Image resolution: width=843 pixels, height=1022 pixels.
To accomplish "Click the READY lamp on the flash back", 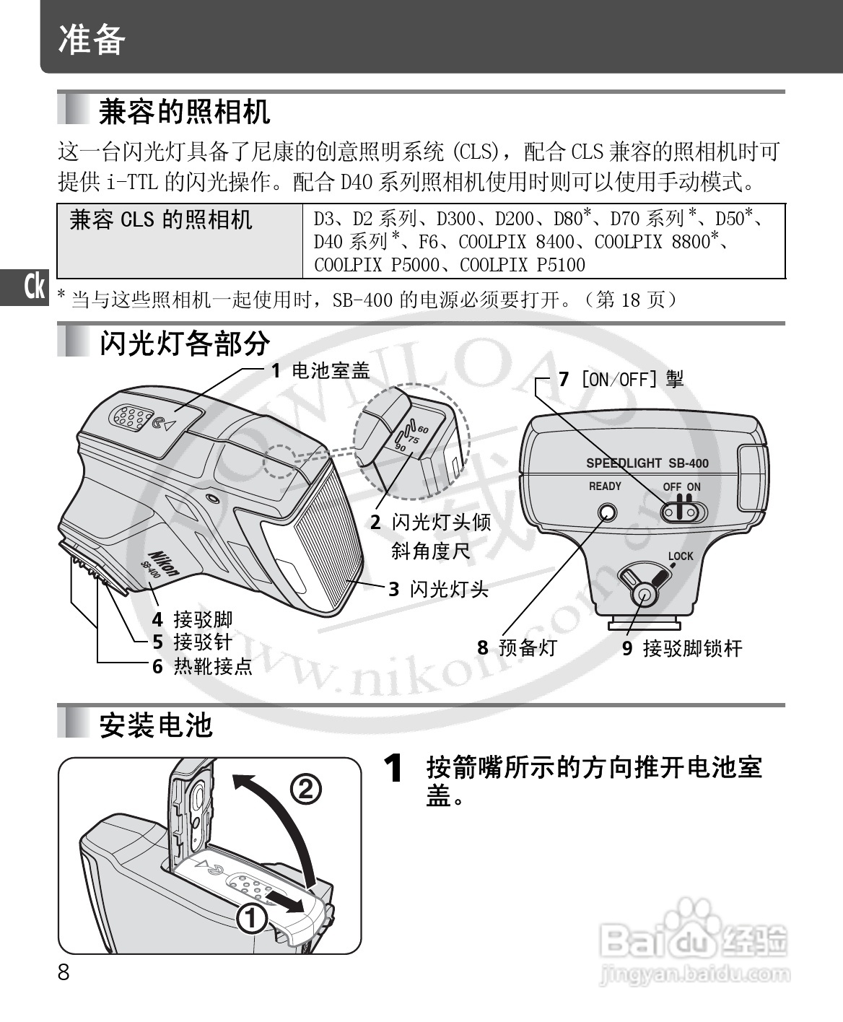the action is point(608,513).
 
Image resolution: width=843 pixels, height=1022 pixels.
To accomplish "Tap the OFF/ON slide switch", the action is point(684,512).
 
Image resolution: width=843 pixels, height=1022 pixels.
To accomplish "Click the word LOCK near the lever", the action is point(681,556).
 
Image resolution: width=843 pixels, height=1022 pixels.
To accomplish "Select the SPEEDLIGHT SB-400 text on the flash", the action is point(647,463).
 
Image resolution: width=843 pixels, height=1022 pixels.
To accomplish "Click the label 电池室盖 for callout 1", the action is point(331,370).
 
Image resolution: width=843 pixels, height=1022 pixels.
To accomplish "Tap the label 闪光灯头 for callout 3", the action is point(450,589).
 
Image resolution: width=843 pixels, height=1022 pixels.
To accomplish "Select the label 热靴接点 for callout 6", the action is point(213,666).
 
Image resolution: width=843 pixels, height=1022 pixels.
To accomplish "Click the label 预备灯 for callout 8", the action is point(528,647).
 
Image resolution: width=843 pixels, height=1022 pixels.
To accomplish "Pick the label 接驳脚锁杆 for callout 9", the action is point(693,648).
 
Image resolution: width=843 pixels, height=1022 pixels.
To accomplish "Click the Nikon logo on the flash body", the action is point(164,564).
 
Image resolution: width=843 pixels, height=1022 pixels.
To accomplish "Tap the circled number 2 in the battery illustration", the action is point(306,789).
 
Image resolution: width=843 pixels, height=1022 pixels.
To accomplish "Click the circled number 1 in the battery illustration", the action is point(251,918).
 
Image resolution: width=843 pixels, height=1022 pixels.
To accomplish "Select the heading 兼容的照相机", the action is point(184,112).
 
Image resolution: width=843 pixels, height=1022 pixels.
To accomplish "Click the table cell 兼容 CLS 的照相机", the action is point(160,219).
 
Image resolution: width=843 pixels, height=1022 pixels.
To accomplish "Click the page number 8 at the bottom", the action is point(64,972).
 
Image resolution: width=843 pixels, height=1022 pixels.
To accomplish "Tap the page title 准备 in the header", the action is point(92,39).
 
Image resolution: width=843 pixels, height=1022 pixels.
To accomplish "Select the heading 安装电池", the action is point(156,725).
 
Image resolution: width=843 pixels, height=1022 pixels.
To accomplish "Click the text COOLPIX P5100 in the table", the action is point(523,265).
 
